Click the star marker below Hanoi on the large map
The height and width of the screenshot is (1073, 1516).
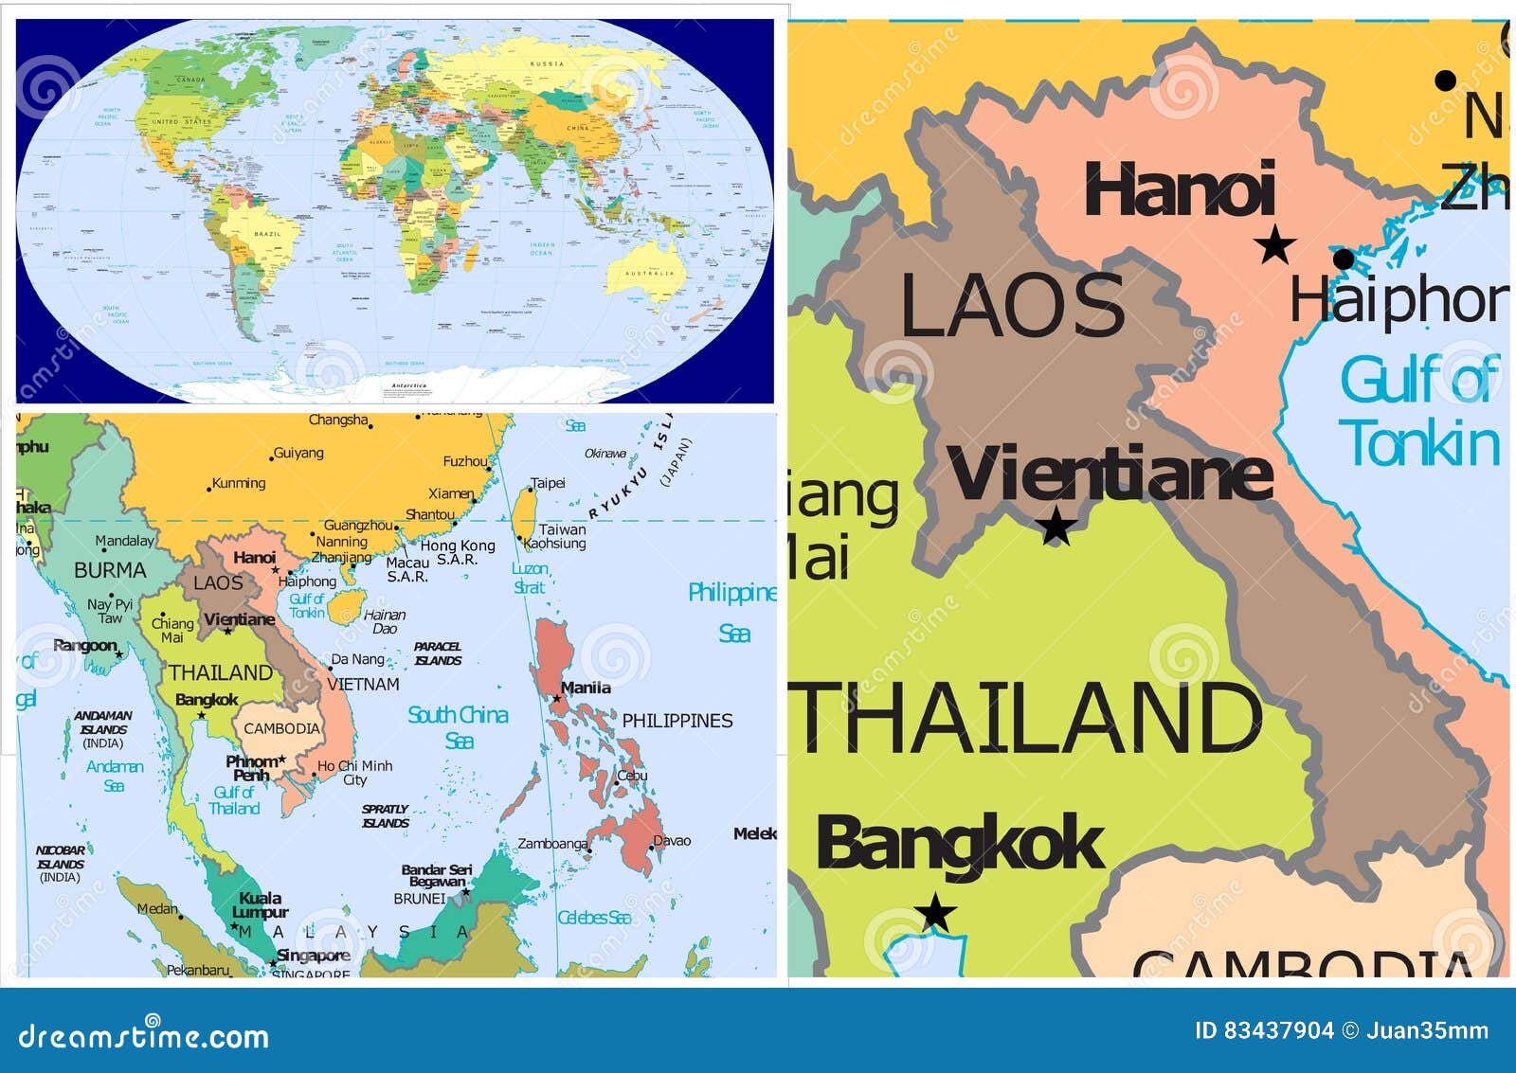pyautogui.click(x=1274, y=245)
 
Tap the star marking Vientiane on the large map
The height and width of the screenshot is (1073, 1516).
pyautogui.click(x=1056, y=527)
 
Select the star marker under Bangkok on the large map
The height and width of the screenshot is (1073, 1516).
pyautogui.click(x=935, y=913)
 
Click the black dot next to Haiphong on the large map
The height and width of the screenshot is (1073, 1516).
pyautogui.click(x=1343, y=259)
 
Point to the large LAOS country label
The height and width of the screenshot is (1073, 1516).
pyautogui.click(x=1012, y=305)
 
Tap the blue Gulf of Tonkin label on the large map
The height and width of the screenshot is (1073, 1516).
pyautogui.click(x=1418, y=411)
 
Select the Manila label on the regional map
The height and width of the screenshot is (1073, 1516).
pyautogui.click(x=586, y=688)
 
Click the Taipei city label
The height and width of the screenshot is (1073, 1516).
pyautogui.click(x=548, y=483)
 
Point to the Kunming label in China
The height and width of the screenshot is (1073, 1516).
pyautogui.click(x=239, y=483)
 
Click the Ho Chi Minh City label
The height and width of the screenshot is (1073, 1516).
pyautogui.click(x=354, y=773)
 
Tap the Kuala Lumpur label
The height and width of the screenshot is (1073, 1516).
pyautogui.click(x=260, y=904)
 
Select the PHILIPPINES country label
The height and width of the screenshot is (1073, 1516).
pyautogui.click(x=677, y=721)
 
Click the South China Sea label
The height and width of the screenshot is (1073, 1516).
pyautogui.click(x=458, y=726)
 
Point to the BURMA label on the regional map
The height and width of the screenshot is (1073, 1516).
pyautogui.click(x=110, y=570)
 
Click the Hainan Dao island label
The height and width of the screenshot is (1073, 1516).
pyautogui.click(x=385, y=621)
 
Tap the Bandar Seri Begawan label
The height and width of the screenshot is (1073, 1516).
pyautogui.click(x=436, y=875)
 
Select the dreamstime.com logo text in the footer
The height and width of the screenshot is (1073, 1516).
pyautogui.click(x=144, y=1036)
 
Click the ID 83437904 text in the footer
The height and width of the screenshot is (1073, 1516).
pyautogui.click(x=1264, y=1030)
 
